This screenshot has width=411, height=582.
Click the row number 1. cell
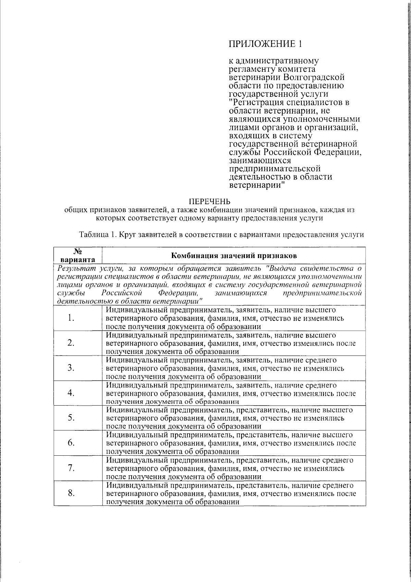pyautogui.click(x=71, y=318)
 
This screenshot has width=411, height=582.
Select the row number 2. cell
pyautogui.click(x=71, y=343)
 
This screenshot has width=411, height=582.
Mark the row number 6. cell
pyautogui.click(x=71, y=443)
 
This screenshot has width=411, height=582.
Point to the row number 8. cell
pyautogui.click(x=71, y=493)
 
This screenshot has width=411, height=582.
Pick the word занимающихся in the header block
pyautogui.click(x=260, y=160)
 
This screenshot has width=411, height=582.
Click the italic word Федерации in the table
pyautogui.click(x=178, y=293)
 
